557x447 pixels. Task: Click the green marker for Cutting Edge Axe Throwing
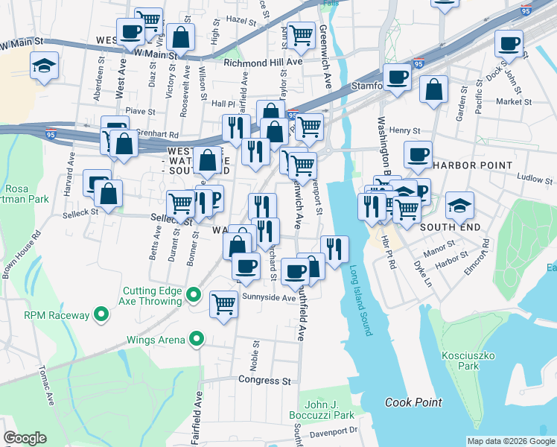[x=194, y=296]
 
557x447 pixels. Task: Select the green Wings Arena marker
[x=197, y=340]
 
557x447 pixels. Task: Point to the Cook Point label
[x=413, y=402]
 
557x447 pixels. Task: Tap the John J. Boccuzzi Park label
[x=323, y=409]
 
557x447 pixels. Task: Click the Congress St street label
[x=264, y=381]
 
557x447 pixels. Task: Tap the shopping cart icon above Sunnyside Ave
[x=223, y=304]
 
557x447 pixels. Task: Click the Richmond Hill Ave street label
[x=263, y=63]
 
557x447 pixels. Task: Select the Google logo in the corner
[x=25, y=438]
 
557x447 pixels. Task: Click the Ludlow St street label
[x=535, y=180]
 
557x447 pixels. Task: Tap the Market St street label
[x=514, y=101]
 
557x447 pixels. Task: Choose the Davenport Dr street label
[x=334, y=431]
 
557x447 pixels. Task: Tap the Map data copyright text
[x=511, y=441]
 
